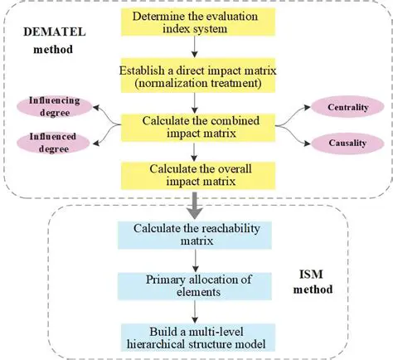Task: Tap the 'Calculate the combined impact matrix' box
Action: click(193, 126)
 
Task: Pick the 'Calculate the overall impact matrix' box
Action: click(193, 175)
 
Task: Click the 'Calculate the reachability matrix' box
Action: click(193, 234)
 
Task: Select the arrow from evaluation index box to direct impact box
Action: click(193, 52)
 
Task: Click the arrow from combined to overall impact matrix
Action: click(193, 152)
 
